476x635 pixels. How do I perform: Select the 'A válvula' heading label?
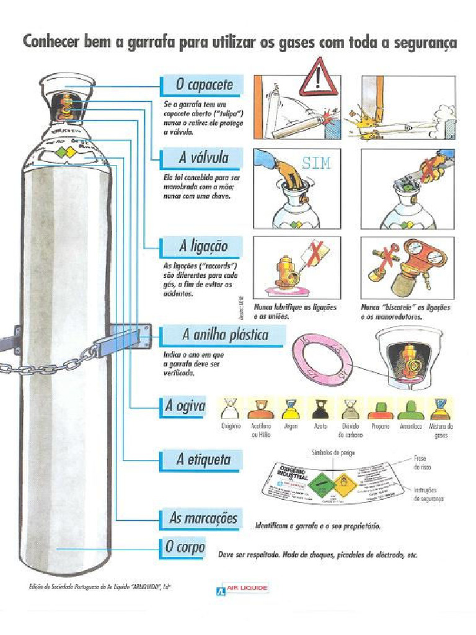coord(204,158)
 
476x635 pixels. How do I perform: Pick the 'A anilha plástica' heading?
coord(225,335)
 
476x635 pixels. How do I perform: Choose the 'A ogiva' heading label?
coord(185,406)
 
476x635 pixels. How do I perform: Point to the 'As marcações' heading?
coord(203,518)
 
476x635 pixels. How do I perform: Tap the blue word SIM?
coord(316,164)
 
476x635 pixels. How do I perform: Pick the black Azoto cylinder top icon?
coord(320,409)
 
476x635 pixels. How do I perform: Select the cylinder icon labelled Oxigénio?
coord(231,409)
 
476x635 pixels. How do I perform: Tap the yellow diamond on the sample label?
coord(343,482)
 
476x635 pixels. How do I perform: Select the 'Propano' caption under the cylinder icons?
coord(380,427)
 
